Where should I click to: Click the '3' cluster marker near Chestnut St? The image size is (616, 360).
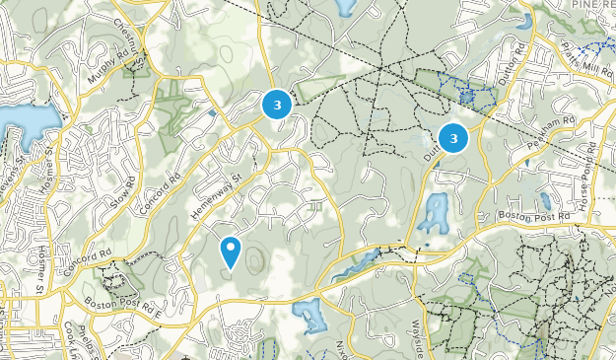click(277, 104)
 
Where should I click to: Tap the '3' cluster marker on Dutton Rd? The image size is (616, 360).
click(452, 139)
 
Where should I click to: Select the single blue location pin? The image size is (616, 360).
click(231, 251)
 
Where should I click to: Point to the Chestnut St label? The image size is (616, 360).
click(133, 39)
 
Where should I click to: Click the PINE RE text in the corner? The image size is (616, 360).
click(593, 7)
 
